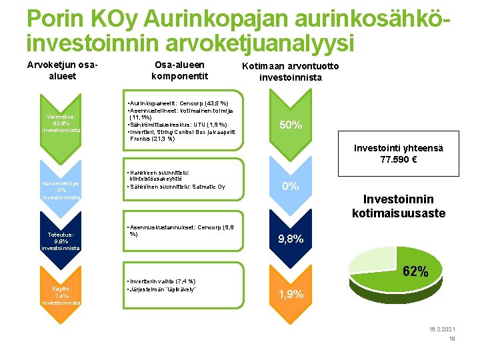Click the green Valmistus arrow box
(61, 123)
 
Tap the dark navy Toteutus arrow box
(61, 241)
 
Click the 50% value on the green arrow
(291, 125)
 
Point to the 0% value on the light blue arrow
(291, 187)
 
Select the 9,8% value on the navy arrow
(291, 239)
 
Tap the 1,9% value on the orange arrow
(291, 294)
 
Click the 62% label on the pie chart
(415, 271)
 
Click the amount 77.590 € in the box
(399, 160)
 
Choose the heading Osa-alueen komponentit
(179, 70)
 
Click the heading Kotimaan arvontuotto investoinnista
(290, 71)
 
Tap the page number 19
(451, 339)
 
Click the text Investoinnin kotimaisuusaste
(399, 206)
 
